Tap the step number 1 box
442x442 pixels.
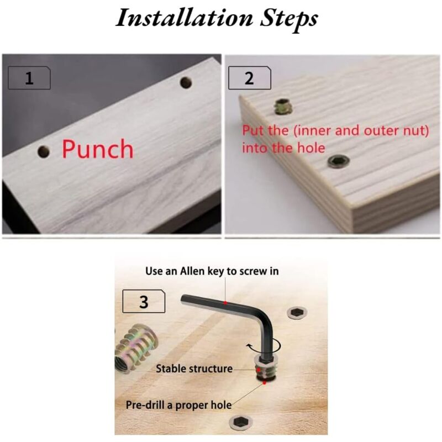pyautogui.click(x=29, y=78)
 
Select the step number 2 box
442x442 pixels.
pyautogui.click(x=250, y=78)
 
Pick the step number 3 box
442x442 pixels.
pyautogui.click(x=144, y=301)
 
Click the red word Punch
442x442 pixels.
pyautogui.click(x=98, y=149)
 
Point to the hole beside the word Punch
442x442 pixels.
pyautogui.click(x=44, y=152)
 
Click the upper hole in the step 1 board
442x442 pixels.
pyautogui.click(x=186, y=82)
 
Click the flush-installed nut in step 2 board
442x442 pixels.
pyautogui.click(x=339, y=161)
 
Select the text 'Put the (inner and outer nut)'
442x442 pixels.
pyautogui.click(x=335, y=130)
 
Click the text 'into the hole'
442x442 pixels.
pyautogui.click(x=283, y=148)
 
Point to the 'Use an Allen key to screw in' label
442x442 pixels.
pyautogui.click(x=212, y=271)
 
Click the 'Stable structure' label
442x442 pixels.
pyautogui.click(x=194, y=369)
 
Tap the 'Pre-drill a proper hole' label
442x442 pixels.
pyautogui.click(x=178, y=405)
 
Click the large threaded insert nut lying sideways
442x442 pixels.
pyautogui.click(x=136, y=348)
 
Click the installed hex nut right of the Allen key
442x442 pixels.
pyautogui.click(x=297, y=313)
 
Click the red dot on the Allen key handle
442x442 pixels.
pyautogui.click(x=225, y=303)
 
